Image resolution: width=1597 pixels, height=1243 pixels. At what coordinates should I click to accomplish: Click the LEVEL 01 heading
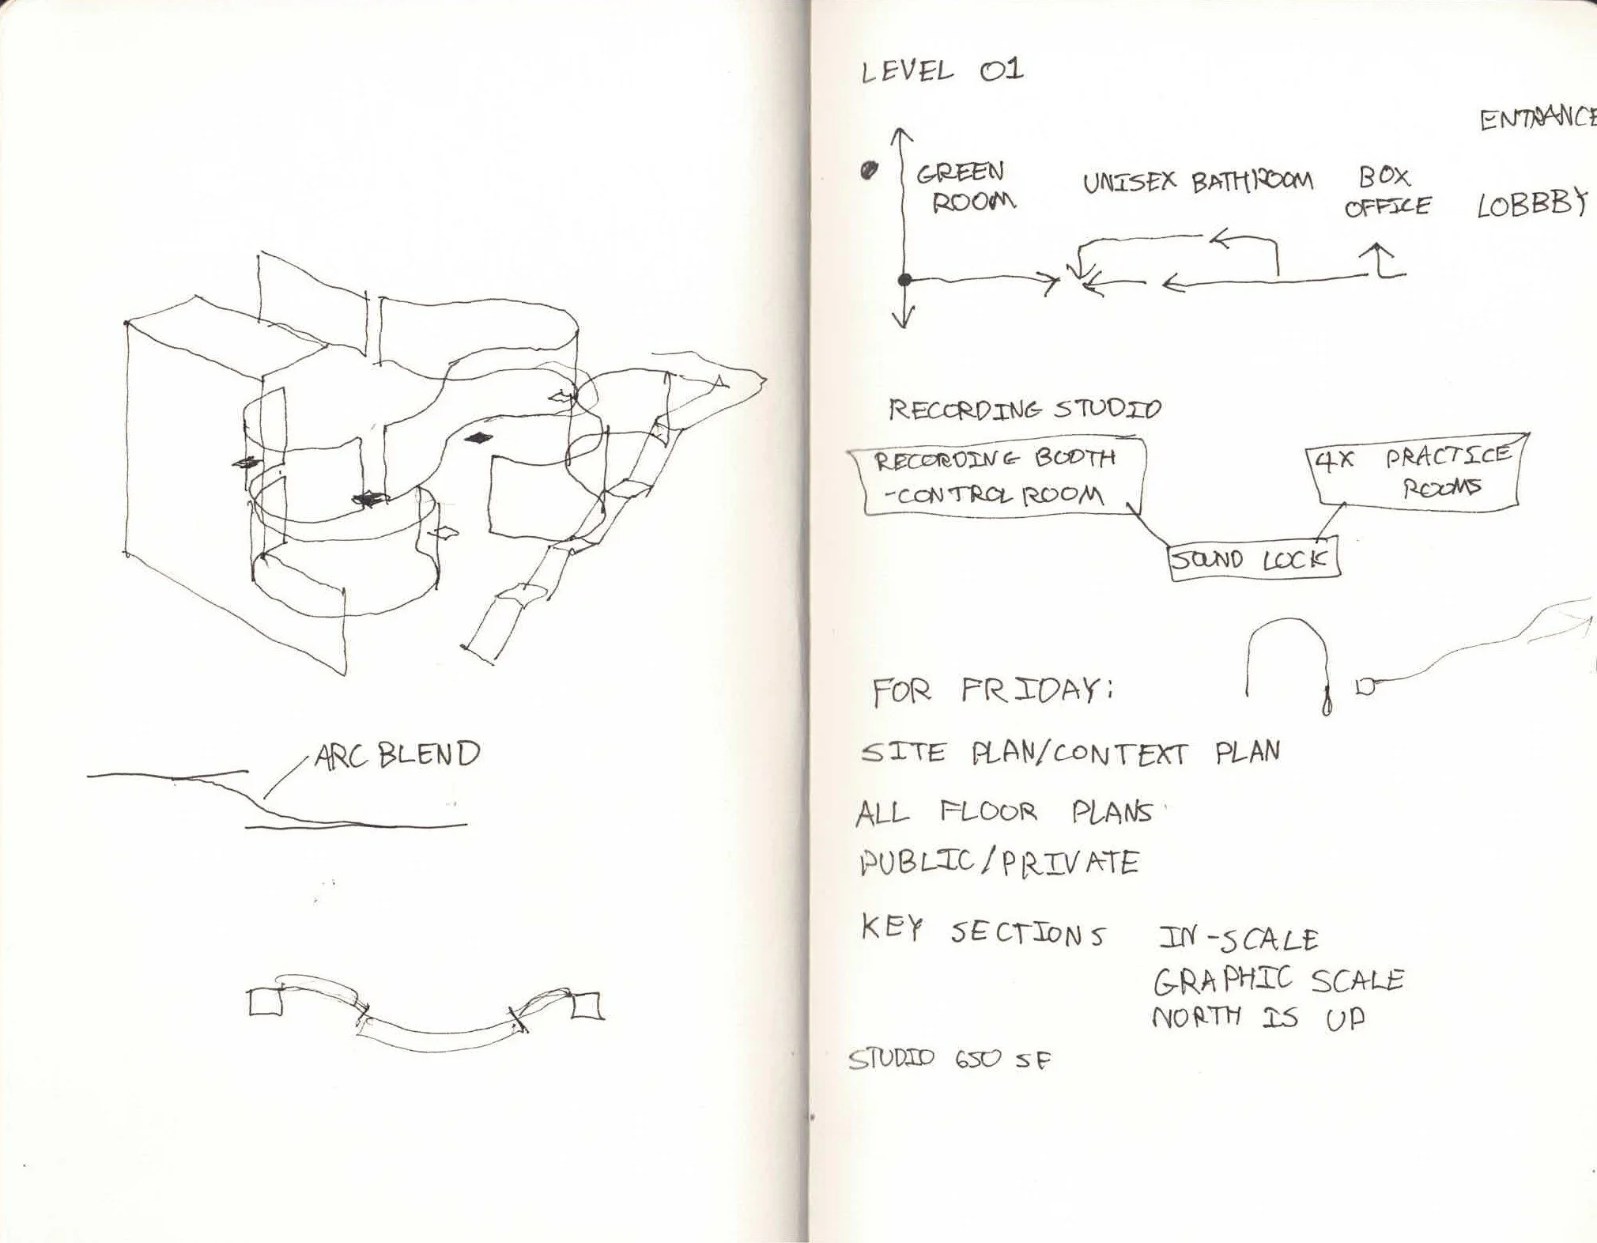(942, 72)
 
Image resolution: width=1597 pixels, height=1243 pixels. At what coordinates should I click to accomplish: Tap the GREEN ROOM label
(965, 187)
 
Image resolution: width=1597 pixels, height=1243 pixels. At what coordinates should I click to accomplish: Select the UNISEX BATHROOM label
(1197, 183)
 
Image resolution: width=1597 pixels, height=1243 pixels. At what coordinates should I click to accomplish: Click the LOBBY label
(1532, 204)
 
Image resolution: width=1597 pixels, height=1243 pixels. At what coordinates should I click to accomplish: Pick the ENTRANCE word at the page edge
(1538, 119)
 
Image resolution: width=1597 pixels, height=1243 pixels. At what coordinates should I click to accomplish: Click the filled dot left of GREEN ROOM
(870, 170)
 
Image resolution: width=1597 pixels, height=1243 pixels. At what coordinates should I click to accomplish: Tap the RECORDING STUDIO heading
(1025, 410)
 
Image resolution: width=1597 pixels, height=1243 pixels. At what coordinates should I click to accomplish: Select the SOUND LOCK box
(1254, 560)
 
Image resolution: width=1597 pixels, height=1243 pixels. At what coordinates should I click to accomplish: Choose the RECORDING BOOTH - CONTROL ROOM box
(996, 479)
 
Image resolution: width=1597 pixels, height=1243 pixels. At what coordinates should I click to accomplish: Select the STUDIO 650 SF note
(950, 1059)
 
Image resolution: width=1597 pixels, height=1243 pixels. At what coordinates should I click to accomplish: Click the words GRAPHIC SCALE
(1278, 980)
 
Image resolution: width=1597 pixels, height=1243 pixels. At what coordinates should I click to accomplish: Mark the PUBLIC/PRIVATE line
(999, 862)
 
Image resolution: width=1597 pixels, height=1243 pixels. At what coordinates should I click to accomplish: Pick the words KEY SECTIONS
(983, 932)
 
